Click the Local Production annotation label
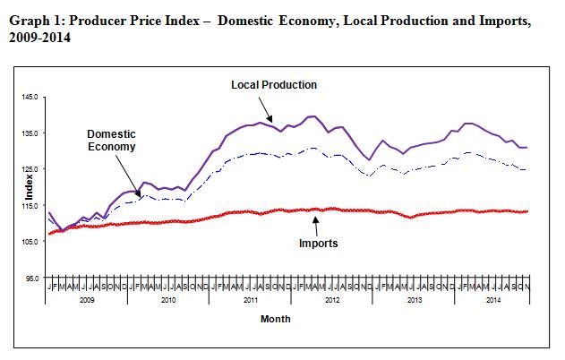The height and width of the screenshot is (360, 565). tap(274, 84)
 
